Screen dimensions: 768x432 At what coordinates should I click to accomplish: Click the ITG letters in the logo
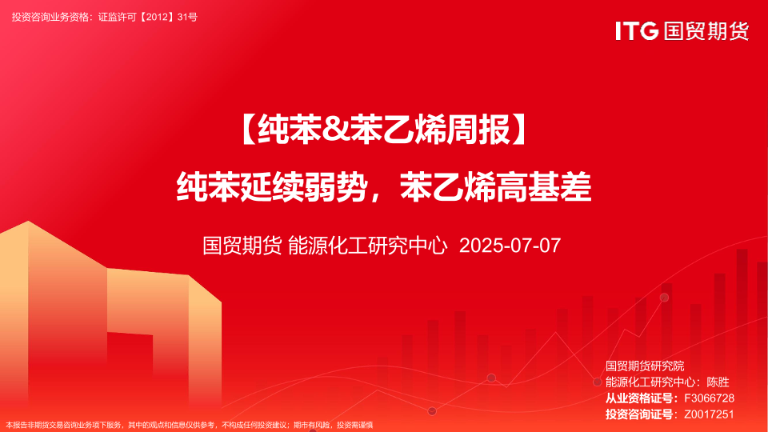[x=637, y=31]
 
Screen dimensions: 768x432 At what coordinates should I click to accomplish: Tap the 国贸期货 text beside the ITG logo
[x=706, y=31]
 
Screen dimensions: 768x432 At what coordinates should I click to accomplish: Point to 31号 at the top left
[x=187, y=17]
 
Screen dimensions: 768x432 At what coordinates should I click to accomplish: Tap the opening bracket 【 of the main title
[x=248, y=130]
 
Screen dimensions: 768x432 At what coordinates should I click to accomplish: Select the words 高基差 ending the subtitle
[x=543, y=186]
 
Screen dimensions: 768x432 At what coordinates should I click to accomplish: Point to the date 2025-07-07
[x=510, y=246]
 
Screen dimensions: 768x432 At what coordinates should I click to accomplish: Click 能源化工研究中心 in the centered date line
[x=367, y=246]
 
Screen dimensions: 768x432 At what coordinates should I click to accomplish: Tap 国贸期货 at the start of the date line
[x=242, y=246]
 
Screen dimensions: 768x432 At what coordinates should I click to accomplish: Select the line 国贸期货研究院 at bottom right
[x=645, y=366]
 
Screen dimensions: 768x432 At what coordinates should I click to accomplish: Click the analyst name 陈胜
[x=718, y=382]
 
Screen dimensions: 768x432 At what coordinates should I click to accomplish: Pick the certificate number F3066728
[x=709, y=398]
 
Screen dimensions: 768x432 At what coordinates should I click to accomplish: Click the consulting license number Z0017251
[x=709, y=414]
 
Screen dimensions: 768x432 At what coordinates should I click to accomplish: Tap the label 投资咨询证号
[x=638, y=414]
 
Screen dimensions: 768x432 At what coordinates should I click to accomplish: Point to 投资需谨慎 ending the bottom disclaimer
[x=354, y=425]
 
